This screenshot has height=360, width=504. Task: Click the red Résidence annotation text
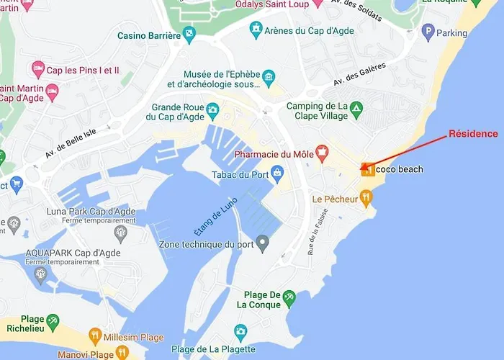point(473,134)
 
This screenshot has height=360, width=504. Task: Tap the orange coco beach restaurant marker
point(367,169)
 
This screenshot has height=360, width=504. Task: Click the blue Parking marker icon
point(428,32)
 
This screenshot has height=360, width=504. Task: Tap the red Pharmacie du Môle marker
point(322,152)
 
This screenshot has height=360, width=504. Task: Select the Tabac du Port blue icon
point(277,171)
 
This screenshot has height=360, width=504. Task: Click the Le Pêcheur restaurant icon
point(365,196)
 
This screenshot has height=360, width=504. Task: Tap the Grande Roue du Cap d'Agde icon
point(212,109)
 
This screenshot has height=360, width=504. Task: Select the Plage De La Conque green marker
point(289,296)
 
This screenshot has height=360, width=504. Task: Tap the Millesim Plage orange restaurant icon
point(94,336)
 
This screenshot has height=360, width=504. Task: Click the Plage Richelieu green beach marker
point(52,320)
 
